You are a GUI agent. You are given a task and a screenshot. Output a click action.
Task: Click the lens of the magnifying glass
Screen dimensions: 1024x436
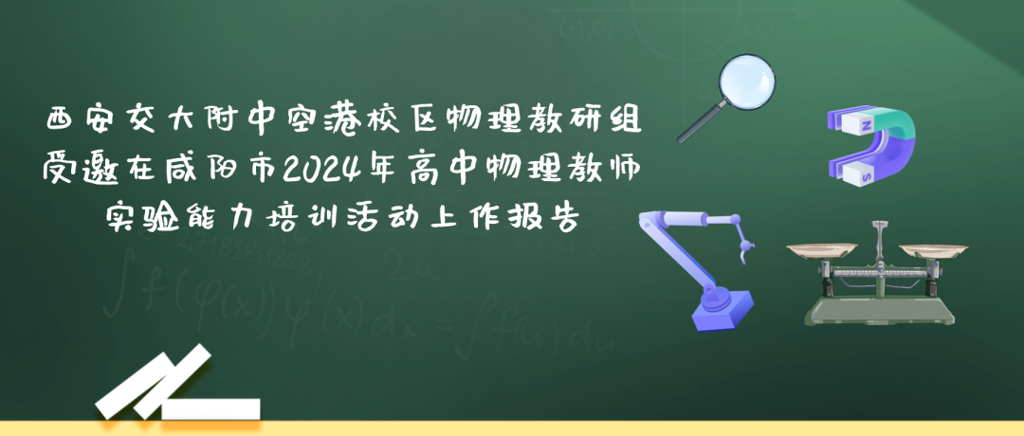coord(747,82)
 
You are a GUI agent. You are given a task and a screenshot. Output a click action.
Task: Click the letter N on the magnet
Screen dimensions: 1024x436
coord(866,125)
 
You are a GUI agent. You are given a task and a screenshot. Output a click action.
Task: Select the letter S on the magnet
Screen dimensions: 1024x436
coord(867,175)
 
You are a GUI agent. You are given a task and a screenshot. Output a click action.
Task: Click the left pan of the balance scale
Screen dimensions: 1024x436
coord(821,249)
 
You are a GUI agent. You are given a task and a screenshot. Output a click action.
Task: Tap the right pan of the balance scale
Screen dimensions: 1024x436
coord(933,250)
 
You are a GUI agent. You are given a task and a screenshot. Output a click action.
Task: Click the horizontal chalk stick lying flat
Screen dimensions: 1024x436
coord(210,409)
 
